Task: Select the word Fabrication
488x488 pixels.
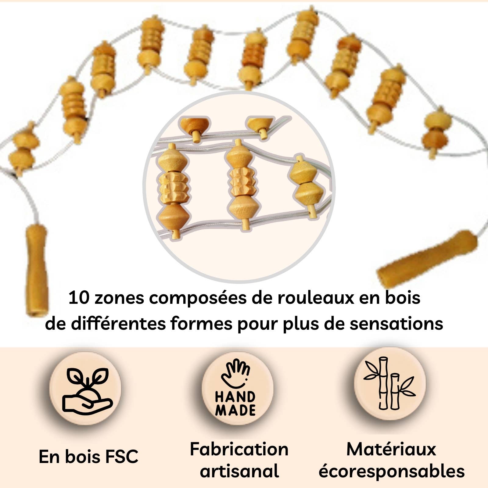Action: tap(239, 449)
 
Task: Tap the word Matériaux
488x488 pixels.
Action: tap(391, 449)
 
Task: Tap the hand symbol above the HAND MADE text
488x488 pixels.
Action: tap(236, 374)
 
